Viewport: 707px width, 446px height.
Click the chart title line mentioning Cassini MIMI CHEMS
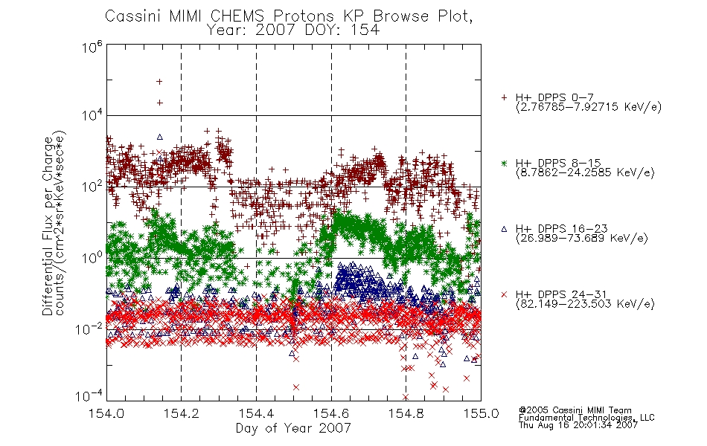tap(289, 16)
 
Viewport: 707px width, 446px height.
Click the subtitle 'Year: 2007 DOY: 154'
tap(293, 30)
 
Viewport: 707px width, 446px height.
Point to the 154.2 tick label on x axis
tap(182, 413)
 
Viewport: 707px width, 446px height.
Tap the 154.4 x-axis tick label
tap(256, 413)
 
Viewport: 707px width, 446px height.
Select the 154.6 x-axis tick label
tap(331, 413)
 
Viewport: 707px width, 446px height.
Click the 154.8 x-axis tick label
tap(406, 413)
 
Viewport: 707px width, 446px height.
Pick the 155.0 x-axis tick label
tap(481, 413)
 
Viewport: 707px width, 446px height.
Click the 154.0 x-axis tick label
tap(106, 413)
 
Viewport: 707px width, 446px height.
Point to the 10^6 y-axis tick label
tap(92, 46)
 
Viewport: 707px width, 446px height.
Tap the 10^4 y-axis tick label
tap(92, 116)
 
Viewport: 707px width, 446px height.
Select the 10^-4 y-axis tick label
tap(89, 395)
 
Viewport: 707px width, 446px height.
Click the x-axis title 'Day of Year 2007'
tap(293, 428)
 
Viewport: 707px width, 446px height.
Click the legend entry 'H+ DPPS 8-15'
tap(558, 163)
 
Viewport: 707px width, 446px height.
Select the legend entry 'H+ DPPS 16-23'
tap(562, 229)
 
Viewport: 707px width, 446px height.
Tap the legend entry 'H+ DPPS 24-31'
tap(562, 294)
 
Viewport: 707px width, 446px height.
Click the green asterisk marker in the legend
tap(504, 163)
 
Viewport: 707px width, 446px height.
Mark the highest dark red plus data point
tap(159, 82)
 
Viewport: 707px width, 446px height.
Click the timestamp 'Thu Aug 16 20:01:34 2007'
tap(578, 425)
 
